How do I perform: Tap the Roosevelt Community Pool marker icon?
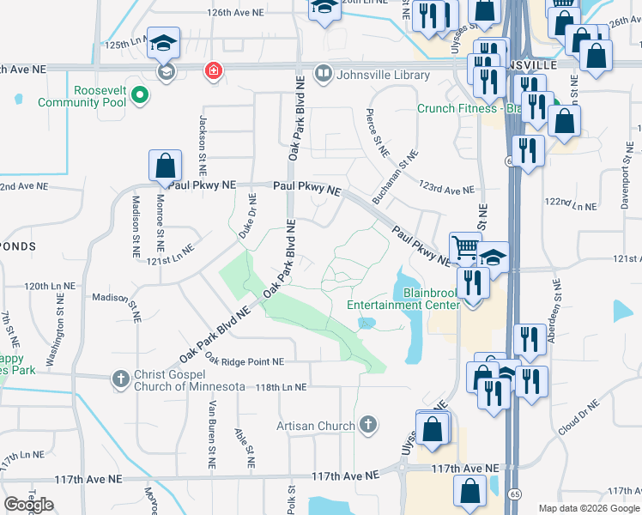(142, 96)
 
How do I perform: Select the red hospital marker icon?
(211, 72)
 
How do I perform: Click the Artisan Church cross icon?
(368, 424)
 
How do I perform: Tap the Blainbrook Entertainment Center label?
(403, 298)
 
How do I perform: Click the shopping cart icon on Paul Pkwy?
(465, 247)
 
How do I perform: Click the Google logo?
(29, 504)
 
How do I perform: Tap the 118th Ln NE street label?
(281, 387)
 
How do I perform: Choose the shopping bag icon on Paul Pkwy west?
(165, 167)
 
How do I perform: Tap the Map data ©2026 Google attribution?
(590, 508)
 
